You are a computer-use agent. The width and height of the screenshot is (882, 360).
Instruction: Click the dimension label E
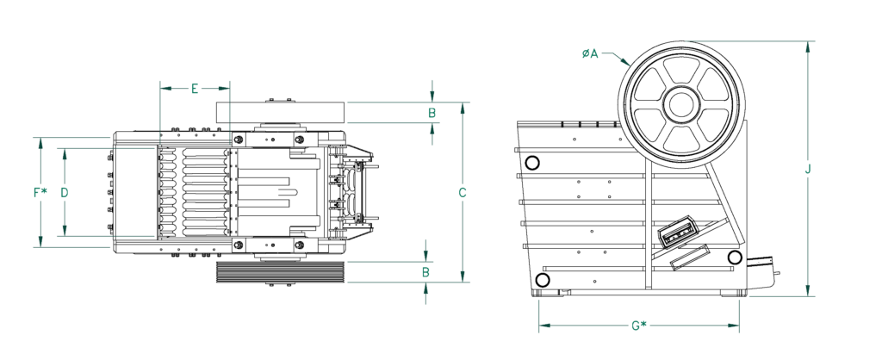coord(195,89)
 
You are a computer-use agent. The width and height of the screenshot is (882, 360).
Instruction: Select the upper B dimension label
coord(432,112)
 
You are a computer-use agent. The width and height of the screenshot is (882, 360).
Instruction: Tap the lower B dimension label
coord(426,271)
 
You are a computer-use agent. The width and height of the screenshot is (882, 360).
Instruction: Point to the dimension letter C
coord(463,193)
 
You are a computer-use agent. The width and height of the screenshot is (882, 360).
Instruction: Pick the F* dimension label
coord(40,193)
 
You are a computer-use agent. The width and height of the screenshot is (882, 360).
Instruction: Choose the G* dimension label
coord(638,326)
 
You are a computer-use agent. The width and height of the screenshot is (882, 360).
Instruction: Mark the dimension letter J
coord(808,170)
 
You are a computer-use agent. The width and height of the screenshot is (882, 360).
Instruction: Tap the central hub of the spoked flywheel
coord(681,104)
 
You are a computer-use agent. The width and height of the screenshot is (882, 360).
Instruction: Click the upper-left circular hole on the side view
coord(532,163)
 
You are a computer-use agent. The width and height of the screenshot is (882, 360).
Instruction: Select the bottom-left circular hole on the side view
coord(543,279)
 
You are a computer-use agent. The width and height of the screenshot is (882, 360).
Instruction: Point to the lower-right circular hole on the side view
coord(735,257)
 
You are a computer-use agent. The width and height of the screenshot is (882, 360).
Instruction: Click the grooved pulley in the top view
coord(279,272)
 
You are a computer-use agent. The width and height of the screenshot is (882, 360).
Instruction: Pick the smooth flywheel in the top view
coord(279,112)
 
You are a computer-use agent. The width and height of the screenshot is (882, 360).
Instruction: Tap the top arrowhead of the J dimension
coord(808,46)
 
